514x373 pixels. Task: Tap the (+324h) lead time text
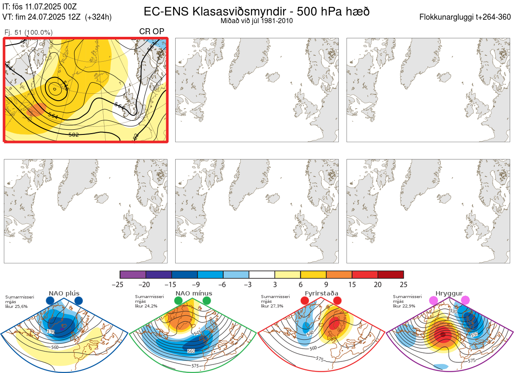pos(99,17)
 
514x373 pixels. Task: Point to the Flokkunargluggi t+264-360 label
pos(466,17)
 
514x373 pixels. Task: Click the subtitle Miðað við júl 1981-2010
pos(257,21)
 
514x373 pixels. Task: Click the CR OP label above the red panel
pos(152,32)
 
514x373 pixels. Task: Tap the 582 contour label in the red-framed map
pos(74,134)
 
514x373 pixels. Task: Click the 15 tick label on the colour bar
pos(352,284)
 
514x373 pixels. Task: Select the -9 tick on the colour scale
pos(197,284)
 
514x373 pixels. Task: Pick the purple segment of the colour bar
pos(133,275)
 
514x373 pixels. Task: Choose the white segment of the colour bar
pos(262,275)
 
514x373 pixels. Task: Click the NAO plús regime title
pos(64,293)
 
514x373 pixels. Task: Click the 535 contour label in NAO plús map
pos(51,332)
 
